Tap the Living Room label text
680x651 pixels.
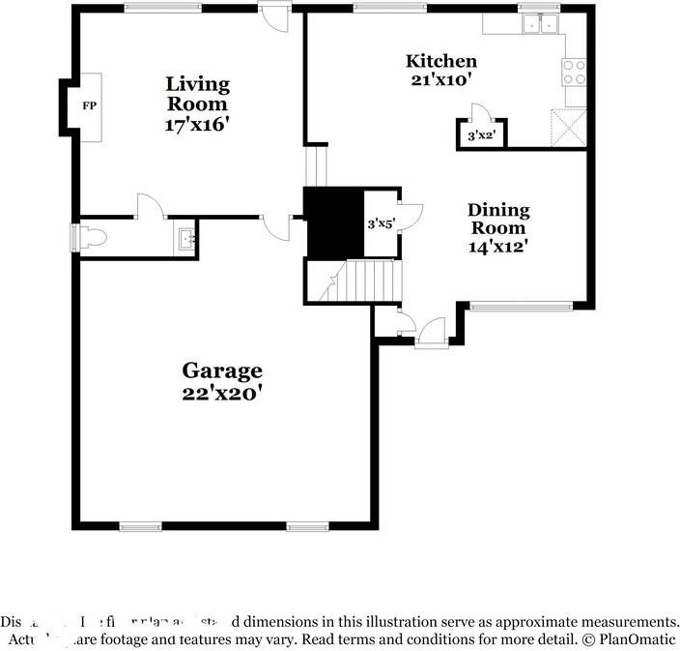[x=197, y=93]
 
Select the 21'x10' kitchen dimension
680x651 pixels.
[x=440, y=80]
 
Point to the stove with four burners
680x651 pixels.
[x=574, y=73]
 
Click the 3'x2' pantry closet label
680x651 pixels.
[x=481, y=136]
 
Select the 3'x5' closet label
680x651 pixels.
[x=381, y=223]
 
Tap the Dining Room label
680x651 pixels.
[x=498, y=219]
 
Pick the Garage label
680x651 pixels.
[x=222, y=370]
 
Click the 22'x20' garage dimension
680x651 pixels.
[x=222, y=394]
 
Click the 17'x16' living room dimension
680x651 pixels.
[x=197, y=124]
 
